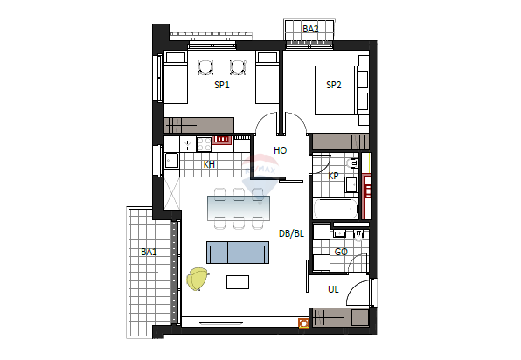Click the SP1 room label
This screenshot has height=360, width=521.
pos(222,85)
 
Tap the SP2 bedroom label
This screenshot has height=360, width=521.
pos(333,85)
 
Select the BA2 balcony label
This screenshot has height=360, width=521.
pos(310,29)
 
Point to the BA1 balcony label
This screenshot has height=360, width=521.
pos(149,252)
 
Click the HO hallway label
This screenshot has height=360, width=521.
pos(280,150)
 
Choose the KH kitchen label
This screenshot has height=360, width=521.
pos(209,164)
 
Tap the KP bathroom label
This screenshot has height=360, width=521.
pos(333,176)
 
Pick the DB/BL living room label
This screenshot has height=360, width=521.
pos(291,233)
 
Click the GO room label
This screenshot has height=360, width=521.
pos(341,252)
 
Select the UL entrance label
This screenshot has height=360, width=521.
pos(333,289)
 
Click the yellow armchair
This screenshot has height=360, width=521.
pos(198,279)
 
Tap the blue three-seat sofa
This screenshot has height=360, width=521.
pos(238,253)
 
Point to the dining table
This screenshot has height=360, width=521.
pos(239,208)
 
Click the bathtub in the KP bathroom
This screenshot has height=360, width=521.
pos(336,209)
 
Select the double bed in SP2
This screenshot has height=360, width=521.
pos(336,90)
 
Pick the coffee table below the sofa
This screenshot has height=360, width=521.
pos(238,282)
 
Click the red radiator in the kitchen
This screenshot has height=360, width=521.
pos(222,140)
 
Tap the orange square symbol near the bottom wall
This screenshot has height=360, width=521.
pos(303,323)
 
